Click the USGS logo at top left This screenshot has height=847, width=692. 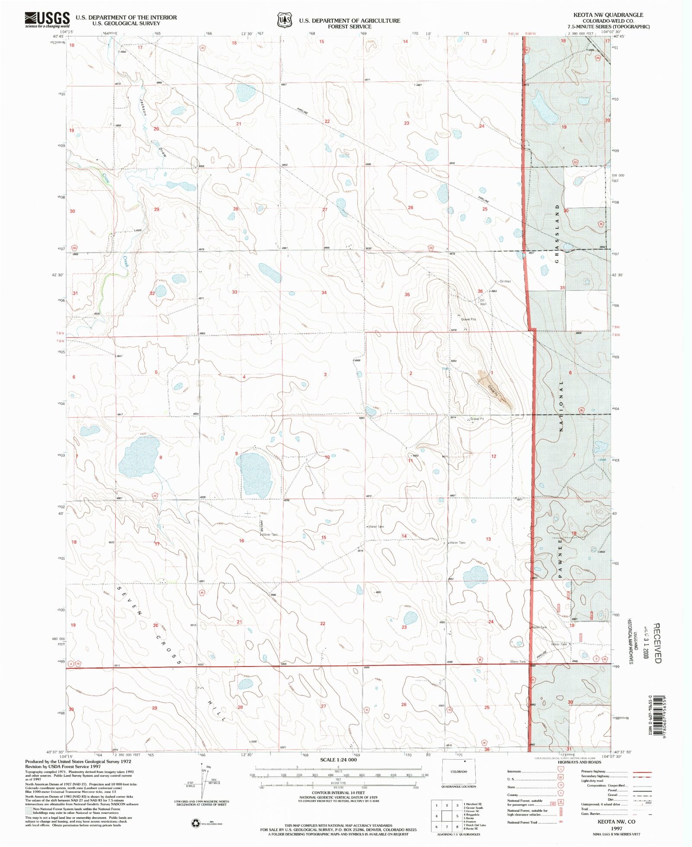pyautogui.click(x=48, y=20)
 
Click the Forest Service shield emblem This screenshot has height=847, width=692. pyautogui.click(x=284, y=20)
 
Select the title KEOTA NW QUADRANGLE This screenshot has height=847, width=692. pyautogui.click(x=608, y=15)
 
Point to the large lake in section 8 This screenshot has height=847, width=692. pyautogui.click(x=139, y=457)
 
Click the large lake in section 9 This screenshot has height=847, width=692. pyautogui.click(x=254, y=474)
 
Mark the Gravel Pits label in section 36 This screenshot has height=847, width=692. pyautogui.click(x=468, y=319)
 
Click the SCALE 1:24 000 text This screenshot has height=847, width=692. pyautogui.click(x=338, y=760)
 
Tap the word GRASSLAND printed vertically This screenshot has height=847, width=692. pyautogui.click(x=557, y=234)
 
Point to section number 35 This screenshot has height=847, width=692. pyautogui.click(x=407, y=295)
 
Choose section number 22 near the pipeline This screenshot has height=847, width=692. pyautogui.click(x=327, y=122)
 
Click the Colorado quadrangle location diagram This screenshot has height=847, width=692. pyautogui.click(x=458, y=772)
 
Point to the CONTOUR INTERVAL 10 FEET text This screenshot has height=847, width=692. pyautogui.click(x=338, y=793)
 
